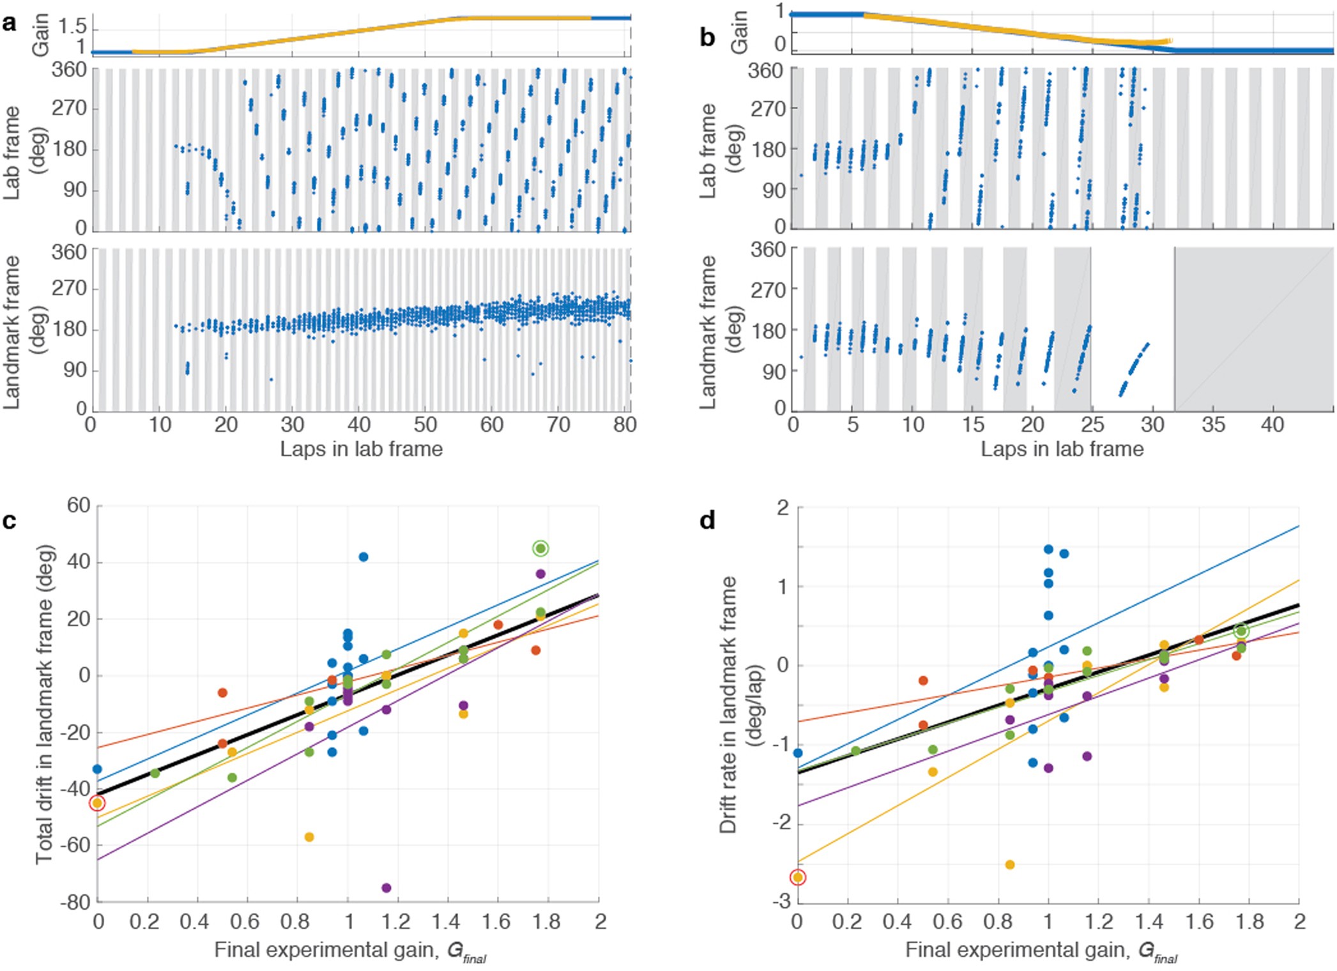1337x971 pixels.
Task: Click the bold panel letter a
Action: (9, 24)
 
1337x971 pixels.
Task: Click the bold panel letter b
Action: (707, 37)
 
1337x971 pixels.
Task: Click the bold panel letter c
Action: (9, 521)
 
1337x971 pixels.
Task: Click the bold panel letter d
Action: (707, 521)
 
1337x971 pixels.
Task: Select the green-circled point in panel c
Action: (540, 548)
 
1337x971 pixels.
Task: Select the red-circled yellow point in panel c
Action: (97, 803)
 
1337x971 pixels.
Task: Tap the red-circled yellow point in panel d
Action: (798, 877)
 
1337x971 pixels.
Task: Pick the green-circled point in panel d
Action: (1241, 631)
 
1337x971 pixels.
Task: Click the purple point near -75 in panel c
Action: (386, 887)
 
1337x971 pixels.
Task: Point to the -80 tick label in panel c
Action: (75, 902)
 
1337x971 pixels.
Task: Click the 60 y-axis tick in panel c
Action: (79, 506)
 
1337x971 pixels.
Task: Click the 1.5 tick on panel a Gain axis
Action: (72, 27)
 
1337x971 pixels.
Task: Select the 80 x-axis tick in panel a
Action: (625, 424)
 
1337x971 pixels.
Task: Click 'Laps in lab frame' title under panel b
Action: (1062, 449)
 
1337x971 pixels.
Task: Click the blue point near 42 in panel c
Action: (363, 557)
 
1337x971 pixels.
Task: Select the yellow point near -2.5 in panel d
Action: (1010, 864)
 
